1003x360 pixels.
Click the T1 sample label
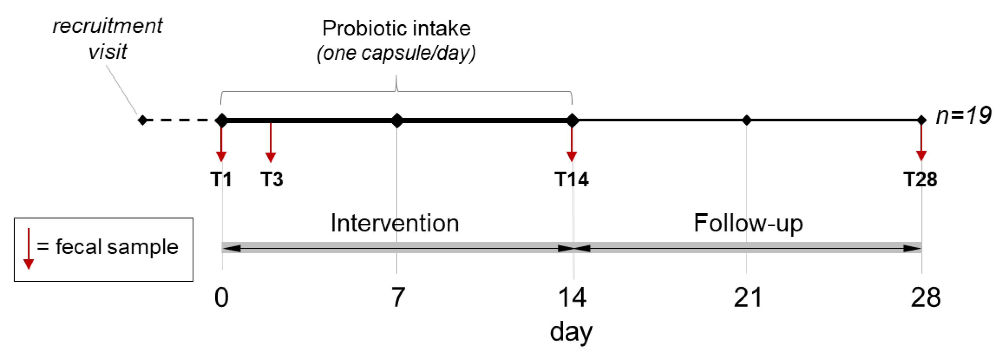(x=221, y=180)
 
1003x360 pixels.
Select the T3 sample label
(x=272, y=180)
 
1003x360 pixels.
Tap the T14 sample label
(x=572, y=180)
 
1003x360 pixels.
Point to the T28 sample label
(x=920, y=180)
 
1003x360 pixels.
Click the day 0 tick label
(x=222, y=298)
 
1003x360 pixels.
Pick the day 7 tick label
(x=398, y=298)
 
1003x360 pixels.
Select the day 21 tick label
(x=748, y=298)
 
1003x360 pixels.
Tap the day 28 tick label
(x=926, y=298)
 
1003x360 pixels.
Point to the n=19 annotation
(x=963, y=116)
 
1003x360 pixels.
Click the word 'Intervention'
(x=395, y=223)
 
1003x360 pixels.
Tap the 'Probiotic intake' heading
(x=396, y=29)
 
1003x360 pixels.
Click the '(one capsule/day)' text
(x=396, y=53)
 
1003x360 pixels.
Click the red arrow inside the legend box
(x=28, y=249)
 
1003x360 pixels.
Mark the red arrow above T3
(x=271, y=143)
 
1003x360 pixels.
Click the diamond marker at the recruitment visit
(x=143, y=120)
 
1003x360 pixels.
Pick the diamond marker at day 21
(x=746, y=120)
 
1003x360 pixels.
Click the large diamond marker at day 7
(x=397, y=120)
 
